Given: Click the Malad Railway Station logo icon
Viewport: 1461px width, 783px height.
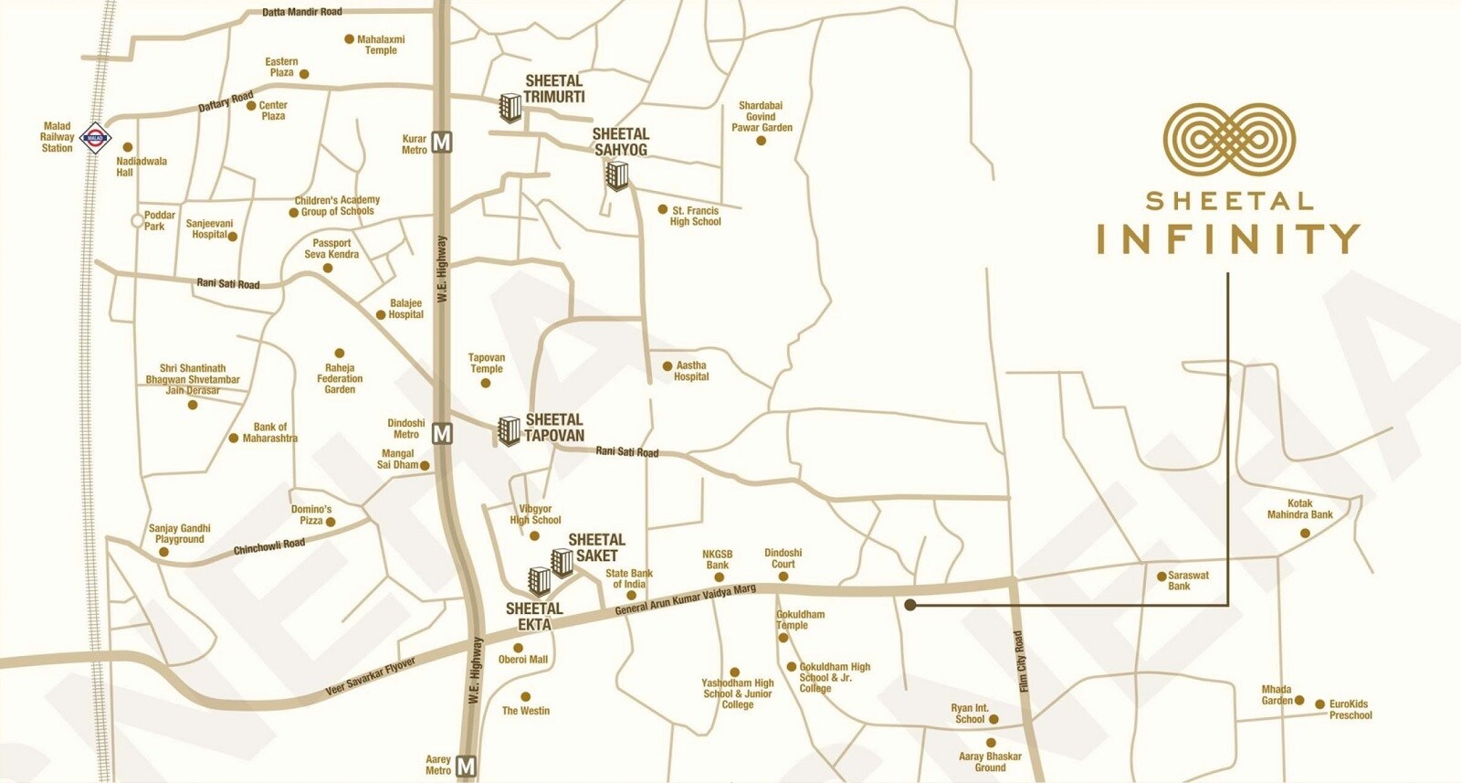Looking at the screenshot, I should [x=95, y=139].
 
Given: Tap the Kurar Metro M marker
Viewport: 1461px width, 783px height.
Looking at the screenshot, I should [x=442, y=143].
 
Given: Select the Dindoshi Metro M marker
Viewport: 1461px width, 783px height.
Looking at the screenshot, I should [x=442, y=433].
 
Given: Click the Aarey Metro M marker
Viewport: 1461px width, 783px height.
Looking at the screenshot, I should [x=467, y=766].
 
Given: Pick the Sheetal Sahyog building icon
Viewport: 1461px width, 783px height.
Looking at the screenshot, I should [x=617, y=175].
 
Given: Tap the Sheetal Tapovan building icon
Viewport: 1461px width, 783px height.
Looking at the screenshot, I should [x=509, y=430].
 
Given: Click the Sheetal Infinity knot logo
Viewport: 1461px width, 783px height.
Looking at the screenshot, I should [x=1229, y=139].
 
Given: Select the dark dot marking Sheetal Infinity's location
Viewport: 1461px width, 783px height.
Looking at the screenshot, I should [x=910, y=604].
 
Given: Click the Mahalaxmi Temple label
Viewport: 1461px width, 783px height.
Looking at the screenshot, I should [x=381, y=45].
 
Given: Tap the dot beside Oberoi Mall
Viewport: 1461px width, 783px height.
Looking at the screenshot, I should [x=519, y=648].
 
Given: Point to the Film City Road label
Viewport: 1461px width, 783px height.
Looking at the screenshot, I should [x=1022, y=661].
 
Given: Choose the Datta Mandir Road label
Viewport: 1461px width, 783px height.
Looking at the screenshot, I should [x=302, y=12].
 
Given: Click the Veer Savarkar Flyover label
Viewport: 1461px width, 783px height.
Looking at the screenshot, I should [x=371, y=678].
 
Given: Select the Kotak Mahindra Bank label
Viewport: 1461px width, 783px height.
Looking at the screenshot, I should [x=1299, y=509].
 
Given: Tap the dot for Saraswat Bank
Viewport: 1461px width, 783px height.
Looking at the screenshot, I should [x=1161, y=577].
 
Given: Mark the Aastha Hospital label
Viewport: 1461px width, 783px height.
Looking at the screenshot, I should [x=691, y=371].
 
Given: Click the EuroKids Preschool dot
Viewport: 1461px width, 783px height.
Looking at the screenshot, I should [x=1319, y=704].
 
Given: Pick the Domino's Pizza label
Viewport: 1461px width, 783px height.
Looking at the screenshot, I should [x=311, y=514].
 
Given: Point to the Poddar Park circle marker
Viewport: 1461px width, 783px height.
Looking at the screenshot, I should [x=137, y=220].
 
